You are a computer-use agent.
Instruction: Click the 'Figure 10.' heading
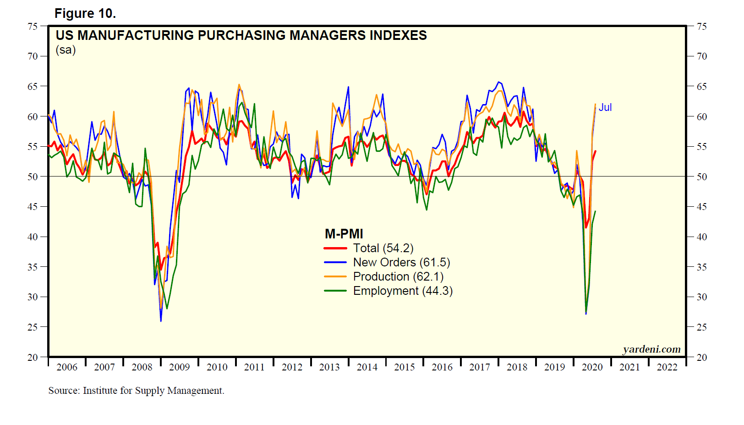point(85,14)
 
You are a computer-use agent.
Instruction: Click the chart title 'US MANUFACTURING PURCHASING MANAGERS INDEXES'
point(241,35)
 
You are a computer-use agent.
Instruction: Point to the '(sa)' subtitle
point(66,50)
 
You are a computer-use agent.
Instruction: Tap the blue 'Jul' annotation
point(605,107)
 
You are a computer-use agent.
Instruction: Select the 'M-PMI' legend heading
point(344,234)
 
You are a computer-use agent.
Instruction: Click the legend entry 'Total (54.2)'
point(383,248)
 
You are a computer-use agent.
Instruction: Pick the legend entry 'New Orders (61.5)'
point(401,262)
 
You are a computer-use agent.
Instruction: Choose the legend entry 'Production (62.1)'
point(398,276)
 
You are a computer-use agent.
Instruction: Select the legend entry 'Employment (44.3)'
point(403,291)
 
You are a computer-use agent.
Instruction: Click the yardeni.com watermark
point(651,349)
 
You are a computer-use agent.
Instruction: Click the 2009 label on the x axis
point(179,367)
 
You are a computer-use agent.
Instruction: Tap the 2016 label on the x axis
point(442,367)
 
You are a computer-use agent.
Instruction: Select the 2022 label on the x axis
point(667,367)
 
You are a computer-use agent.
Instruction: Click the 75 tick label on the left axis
point(33,26)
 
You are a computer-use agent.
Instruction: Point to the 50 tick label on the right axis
point(702,177)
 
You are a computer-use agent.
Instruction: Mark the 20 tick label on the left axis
point(33,357)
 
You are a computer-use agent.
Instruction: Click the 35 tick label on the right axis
point(702,267)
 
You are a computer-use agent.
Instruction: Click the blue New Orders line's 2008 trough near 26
point(161,320)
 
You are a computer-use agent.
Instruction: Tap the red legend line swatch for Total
point(335,248)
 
